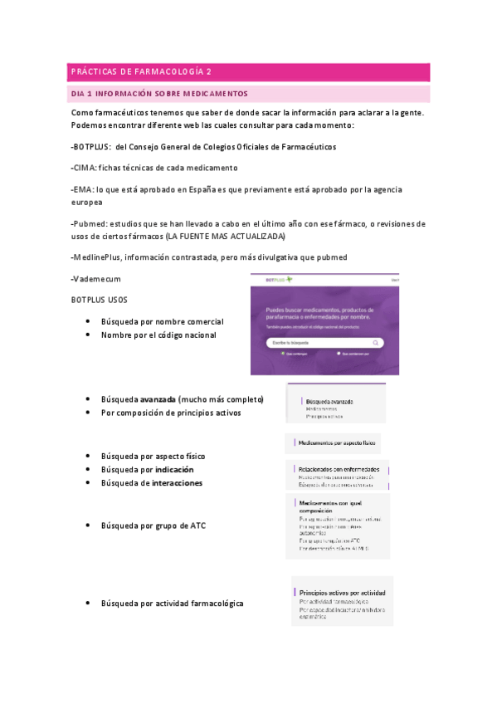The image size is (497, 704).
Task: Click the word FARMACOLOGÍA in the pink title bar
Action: pyautogui.click(x=170, y=72)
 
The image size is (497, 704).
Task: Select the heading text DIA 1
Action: pyautogui.click(x=85, y=94)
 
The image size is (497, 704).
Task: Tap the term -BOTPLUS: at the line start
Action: pyautogui.click(x=91, y=146)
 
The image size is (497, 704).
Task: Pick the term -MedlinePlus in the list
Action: pyautogui.click(x=96, y=257)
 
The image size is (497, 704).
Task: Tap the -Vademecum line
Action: pyautogui.click(x=96, y=278)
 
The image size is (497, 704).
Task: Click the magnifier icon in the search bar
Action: pyautogui.click(x=376, y=342)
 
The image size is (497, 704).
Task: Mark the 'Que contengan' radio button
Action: pyautogui.click(x=282, y=353)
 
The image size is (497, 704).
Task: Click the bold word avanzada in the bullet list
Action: pyautogui.click(x=158, y=398)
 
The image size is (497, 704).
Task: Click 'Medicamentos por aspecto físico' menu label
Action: pyautogui.click(x=337, y=443)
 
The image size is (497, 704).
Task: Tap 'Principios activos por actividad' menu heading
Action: pyautogui.click(x=342, y=594)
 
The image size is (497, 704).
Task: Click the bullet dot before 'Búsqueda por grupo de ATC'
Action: pyautogui.click(x=87, y=526)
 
